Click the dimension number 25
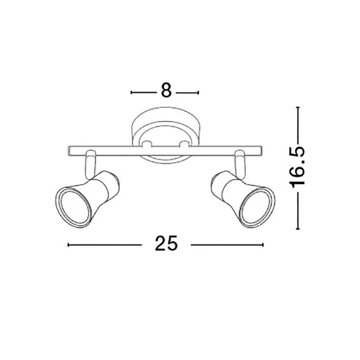[166, 243]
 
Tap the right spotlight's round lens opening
[258, 208]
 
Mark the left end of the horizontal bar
[68, 151]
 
